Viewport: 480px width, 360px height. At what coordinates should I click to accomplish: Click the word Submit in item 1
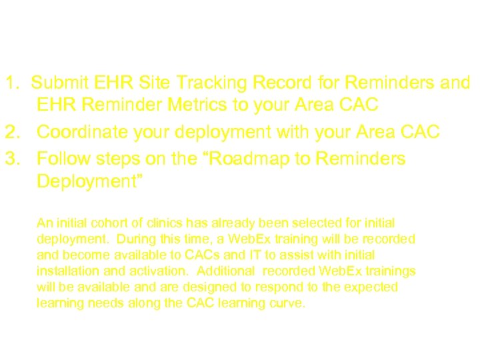[59, 83]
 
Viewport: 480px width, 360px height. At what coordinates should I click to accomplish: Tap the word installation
[65, 271]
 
